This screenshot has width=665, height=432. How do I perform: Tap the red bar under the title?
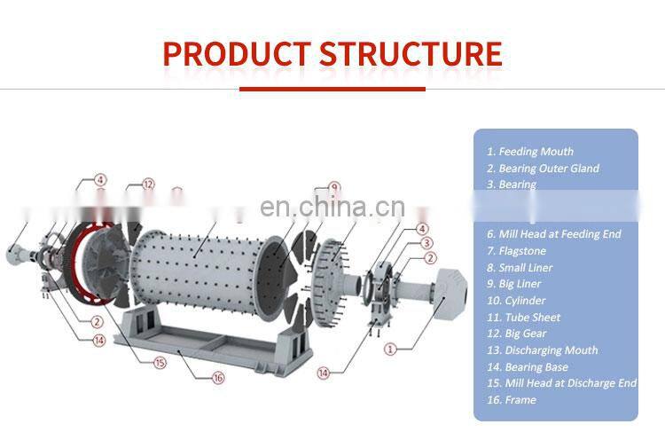332,88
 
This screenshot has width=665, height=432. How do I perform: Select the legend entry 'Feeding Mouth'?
530,152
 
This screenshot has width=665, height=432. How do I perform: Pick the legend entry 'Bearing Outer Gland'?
543,169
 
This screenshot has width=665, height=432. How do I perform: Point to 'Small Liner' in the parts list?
526,268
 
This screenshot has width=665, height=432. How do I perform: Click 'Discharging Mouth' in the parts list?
542,350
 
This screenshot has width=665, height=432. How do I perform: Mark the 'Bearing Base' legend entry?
533,367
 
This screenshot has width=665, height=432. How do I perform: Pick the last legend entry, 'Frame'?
512,400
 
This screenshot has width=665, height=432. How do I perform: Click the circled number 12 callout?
149,185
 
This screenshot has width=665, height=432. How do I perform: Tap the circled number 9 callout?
334,187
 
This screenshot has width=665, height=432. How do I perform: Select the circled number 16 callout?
219,378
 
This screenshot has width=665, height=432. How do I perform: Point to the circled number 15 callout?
160,362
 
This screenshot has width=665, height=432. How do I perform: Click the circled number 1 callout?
388,350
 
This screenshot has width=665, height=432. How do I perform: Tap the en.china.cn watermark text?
332,208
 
